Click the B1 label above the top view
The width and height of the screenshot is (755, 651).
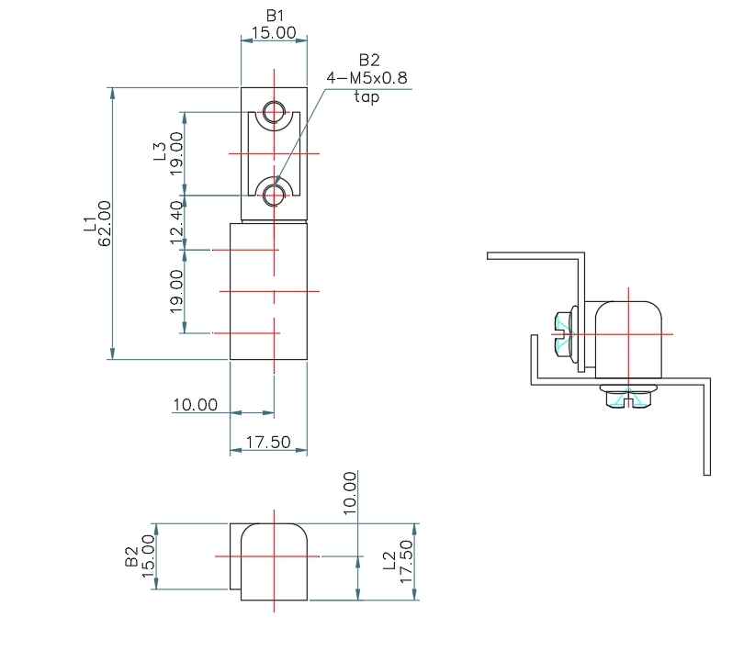pos(275,16)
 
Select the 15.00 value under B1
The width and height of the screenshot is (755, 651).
pos(274,32)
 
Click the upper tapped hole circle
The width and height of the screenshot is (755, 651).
pos(273,113)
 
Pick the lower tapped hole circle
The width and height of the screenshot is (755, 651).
pos(273,194)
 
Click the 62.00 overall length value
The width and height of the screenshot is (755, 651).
pos(104,223)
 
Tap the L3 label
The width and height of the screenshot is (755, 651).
pos(159,152)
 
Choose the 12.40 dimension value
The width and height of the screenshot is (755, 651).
pos(176,222)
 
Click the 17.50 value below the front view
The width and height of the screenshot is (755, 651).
pos(268,442)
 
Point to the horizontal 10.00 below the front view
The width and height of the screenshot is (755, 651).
pos(195,404)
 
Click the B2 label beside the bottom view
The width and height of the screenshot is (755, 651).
pos(131,556)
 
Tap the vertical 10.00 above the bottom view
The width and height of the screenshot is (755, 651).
pos(349,494)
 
